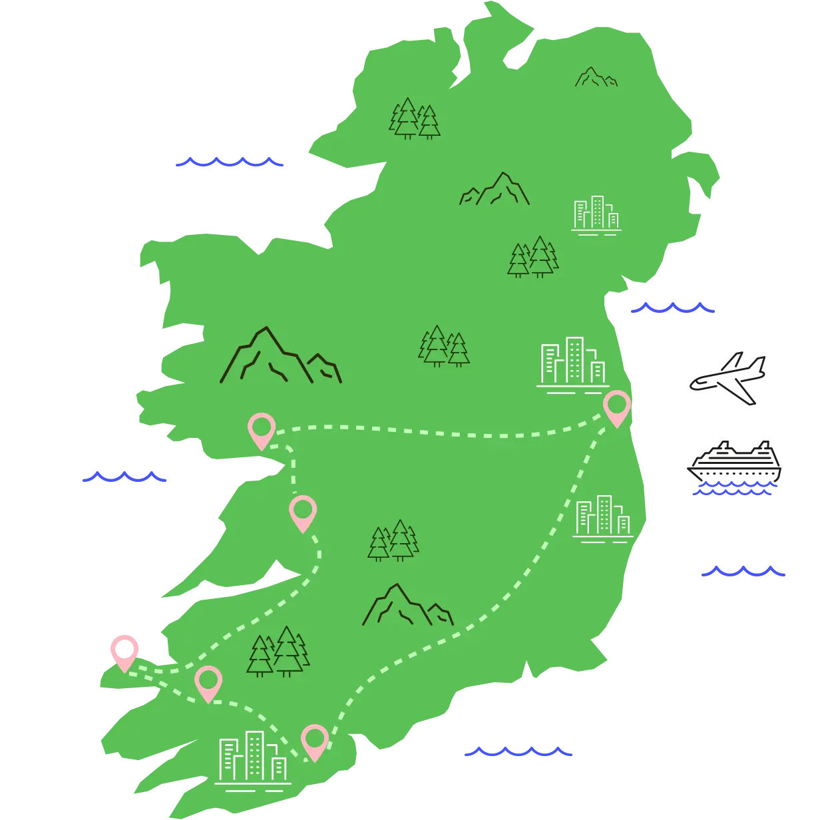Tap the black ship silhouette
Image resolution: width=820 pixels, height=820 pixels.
(x=735, y=461)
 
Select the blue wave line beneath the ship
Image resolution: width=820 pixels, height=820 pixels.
(x=733, y=491)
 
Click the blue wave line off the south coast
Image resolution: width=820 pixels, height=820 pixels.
(x=519, y=751)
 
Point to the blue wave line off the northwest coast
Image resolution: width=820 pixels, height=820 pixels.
(x=230, y=162)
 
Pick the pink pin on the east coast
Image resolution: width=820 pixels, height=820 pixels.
(x=617, y=406)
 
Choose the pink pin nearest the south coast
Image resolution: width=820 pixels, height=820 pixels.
(x=314, y=740)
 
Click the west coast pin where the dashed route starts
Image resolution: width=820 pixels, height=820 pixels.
(x=261, y=429)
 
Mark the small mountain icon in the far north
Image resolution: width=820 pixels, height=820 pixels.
(x=595, y=77)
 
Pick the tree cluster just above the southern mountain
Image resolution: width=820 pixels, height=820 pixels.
(x=393, y=540)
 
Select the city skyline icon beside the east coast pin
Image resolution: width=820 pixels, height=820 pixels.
(x=573, y=365)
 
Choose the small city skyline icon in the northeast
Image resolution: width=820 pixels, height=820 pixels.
(x=596, y=214)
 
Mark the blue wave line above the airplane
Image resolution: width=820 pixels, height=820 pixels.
(x=673, y=308)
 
